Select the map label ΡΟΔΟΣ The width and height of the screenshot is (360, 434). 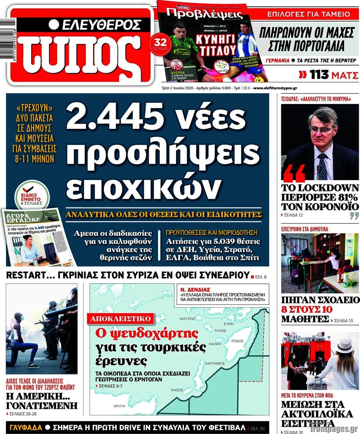pos(237,340)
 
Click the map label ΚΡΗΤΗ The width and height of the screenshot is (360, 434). pos(120,406)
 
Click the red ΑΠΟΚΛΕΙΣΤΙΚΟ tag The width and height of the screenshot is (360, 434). pos(121,319)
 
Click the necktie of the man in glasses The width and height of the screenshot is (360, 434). pos(322,166)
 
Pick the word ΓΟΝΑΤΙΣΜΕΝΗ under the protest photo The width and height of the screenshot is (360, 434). pos(42,405)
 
